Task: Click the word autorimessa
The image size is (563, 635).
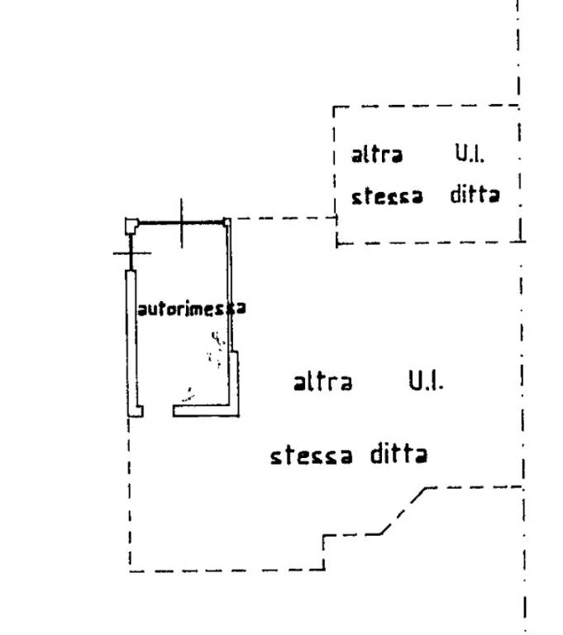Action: click(192, 309)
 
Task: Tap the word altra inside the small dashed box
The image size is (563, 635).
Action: click(377, 155)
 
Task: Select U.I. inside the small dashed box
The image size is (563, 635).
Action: click(470, 154)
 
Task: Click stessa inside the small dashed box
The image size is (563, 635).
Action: click(387, 196)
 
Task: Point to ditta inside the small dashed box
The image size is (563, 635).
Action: click(475, 194)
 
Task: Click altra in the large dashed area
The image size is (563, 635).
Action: click(322, 382)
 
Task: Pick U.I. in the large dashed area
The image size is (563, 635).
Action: click(426, 380)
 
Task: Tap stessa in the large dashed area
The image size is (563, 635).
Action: click(311, 456)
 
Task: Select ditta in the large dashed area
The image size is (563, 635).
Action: click(399, 454)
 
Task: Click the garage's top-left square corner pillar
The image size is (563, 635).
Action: click(131, 225)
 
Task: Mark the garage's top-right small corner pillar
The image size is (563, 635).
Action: click(227, 222)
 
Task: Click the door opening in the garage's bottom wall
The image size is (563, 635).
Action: click(158, 411)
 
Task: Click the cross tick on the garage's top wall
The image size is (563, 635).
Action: click(181, 222)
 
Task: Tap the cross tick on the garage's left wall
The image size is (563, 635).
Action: click(131, 253)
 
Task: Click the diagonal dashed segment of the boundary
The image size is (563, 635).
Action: click(403, 511)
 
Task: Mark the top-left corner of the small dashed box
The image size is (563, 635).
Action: click(334, 107)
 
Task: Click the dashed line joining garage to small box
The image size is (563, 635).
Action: click(284, 218)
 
